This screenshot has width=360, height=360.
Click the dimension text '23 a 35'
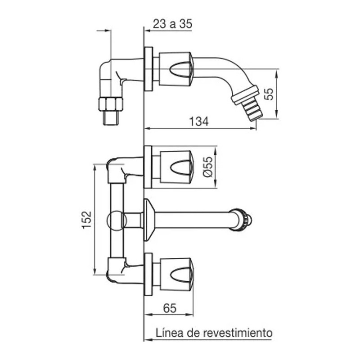point(172,24)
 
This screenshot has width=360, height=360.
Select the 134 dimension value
point(199,121)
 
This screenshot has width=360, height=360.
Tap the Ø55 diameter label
point(208,166)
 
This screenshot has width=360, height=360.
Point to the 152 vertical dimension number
point(87,220)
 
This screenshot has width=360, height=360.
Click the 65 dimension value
point(170,308)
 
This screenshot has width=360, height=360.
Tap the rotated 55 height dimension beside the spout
point(269,94)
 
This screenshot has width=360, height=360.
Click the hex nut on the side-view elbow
point(111,104)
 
